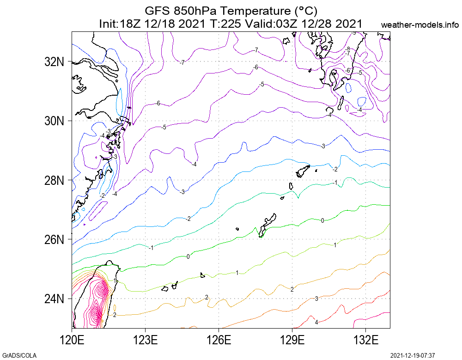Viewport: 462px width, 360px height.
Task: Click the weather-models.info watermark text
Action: [420, 24]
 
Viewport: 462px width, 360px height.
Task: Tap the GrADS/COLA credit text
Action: [19, 355]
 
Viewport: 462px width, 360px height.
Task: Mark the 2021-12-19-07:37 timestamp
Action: [413, 355]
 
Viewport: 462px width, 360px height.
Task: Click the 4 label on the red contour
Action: [316, 322]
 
